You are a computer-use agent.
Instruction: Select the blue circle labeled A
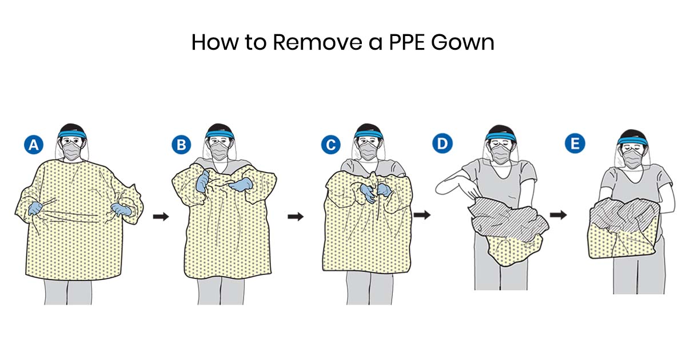(x=34, y=146)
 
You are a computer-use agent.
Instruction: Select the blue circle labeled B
(x=181, y=146)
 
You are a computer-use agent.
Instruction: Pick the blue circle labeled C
(x=330, y=146)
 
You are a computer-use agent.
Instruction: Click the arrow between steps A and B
(x=161, y=217)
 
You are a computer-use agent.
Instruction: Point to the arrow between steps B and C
(x=295, y=217)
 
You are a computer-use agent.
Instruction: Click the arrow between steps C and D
(x=422, y=215)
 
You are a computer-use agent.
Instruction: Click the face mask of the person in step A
(x=71, y=153)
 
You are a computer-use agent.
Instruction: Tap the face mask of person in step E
(x=632, y=157)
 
